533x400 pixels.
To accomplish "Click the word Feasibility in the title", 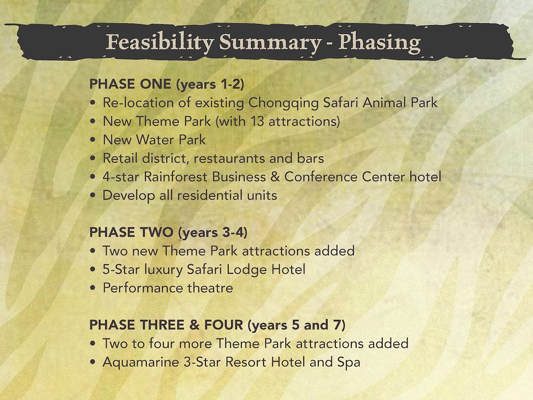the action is [160, 43].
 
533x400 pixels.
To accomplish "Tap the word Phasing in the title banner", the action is [379, 43].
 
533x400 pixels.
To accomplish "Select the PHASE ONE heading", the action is [130, 84].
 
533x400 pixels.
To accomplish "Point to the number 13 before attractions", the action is [257, 121].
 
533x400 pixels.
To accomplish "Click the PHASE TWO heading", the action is [131, 232].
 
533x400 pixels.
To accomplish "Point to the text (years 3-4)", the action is [213, 233].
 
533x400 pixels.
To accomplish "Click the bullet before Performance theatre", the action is [93, 288].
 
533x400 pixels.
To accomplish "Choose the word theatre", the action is [210, 288].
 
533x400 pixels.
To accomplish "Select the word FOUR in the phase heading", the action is [224, 325].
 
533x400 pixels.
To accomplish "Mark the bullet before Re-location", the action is [93, 103].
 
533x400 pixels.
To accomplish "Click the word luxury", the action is [163, 270].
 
